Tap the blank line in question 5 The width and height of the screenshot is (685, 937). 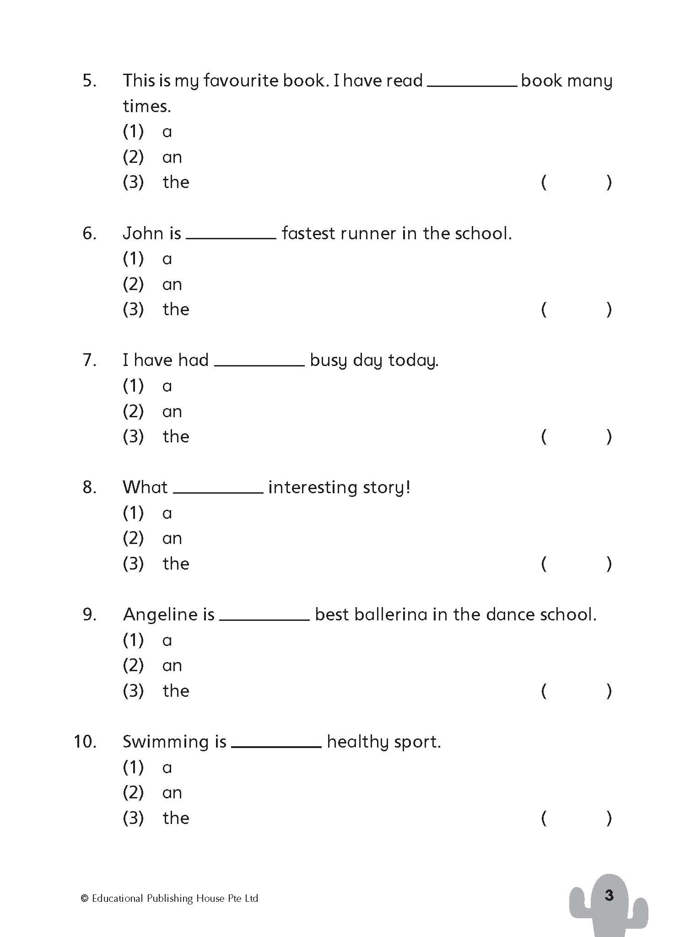click(471, 85)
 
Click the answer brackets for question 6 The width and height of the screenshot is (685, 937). click(576, 310)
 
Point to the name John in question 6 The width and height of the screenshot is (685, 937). click(143, 234)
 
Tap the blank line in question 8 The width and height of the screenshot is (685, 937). click(218, 492)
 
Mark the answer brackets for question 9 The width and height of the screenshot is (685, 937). click(576, 691)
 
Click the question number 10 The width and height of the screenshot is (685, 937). click(85, 742)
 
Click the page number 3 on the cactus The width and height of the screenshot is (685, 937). click(609, 895)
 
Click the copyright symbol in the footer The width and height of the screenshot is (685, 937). click(84, 899)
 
